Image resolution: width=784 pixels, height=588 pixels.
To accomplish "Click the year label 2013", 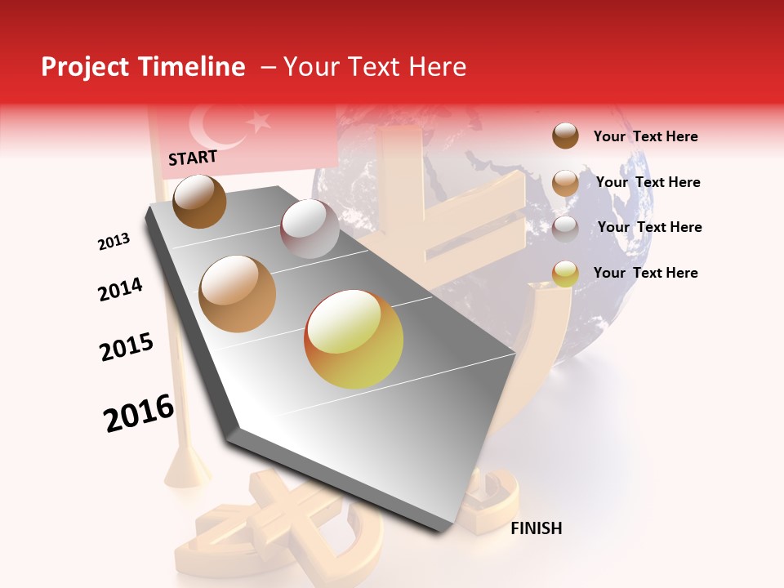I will pos(114,242).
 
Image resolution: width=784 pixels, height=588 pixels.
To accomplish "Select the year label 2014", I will pos(120,289).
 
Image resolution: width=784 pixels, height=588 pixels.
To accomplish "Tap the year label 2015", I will pos(127,347).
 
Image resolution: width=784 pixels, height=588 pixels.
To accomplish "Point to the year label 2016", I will pos(139,412).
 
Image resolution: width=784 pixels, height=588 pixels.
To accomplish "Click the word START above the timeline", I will pos(193,158).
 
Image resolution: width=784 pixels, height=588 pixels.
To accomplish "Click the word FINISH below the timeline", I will pos(537,528).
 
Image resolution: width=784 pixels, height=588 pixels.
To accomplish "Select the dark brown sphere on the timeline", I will pos(199,201).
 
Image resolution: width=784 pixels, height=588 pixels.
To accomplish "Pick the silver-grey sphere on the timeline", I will pos(310,229).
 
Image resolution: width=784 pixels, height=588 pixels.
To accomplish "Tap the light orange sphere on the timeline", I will pos(238,293).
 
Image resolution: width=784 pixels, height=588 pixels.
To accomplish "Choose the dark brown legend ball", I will pos(565,136).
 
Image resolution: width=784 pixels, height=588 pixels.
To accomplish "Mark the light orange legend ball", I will pos(565,183).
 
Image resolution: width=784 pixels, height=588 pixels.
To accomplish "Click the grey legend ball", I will pos(565,228).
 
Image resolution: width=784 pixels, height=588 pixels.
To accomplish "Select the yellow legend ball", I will pos(565,274).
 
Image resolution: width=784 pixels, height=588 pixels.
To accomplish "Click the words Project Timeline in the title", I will pos(143,67).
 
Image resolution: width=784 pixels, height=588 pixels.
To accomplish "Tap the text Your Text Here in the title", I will pos(374,67).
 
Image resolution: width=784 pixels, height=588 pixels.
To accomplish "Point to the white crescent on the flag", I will pos(209,127).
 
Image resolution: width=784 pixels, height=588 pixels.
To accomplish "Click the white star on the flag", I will pos(259,122).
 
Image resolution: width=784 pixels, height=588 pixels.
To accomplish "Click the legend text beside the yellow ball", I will pos(645,273).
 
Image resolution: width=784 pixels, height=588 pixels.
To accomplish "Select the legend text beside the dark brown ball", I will pos(645,136).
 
